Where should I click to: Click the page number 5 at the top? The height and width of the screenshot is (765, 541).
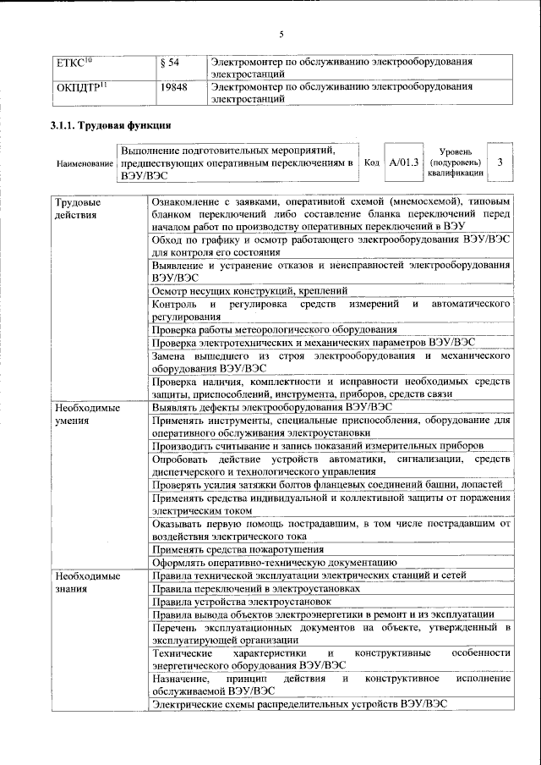pyautogui.click(x=282, y=34)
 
